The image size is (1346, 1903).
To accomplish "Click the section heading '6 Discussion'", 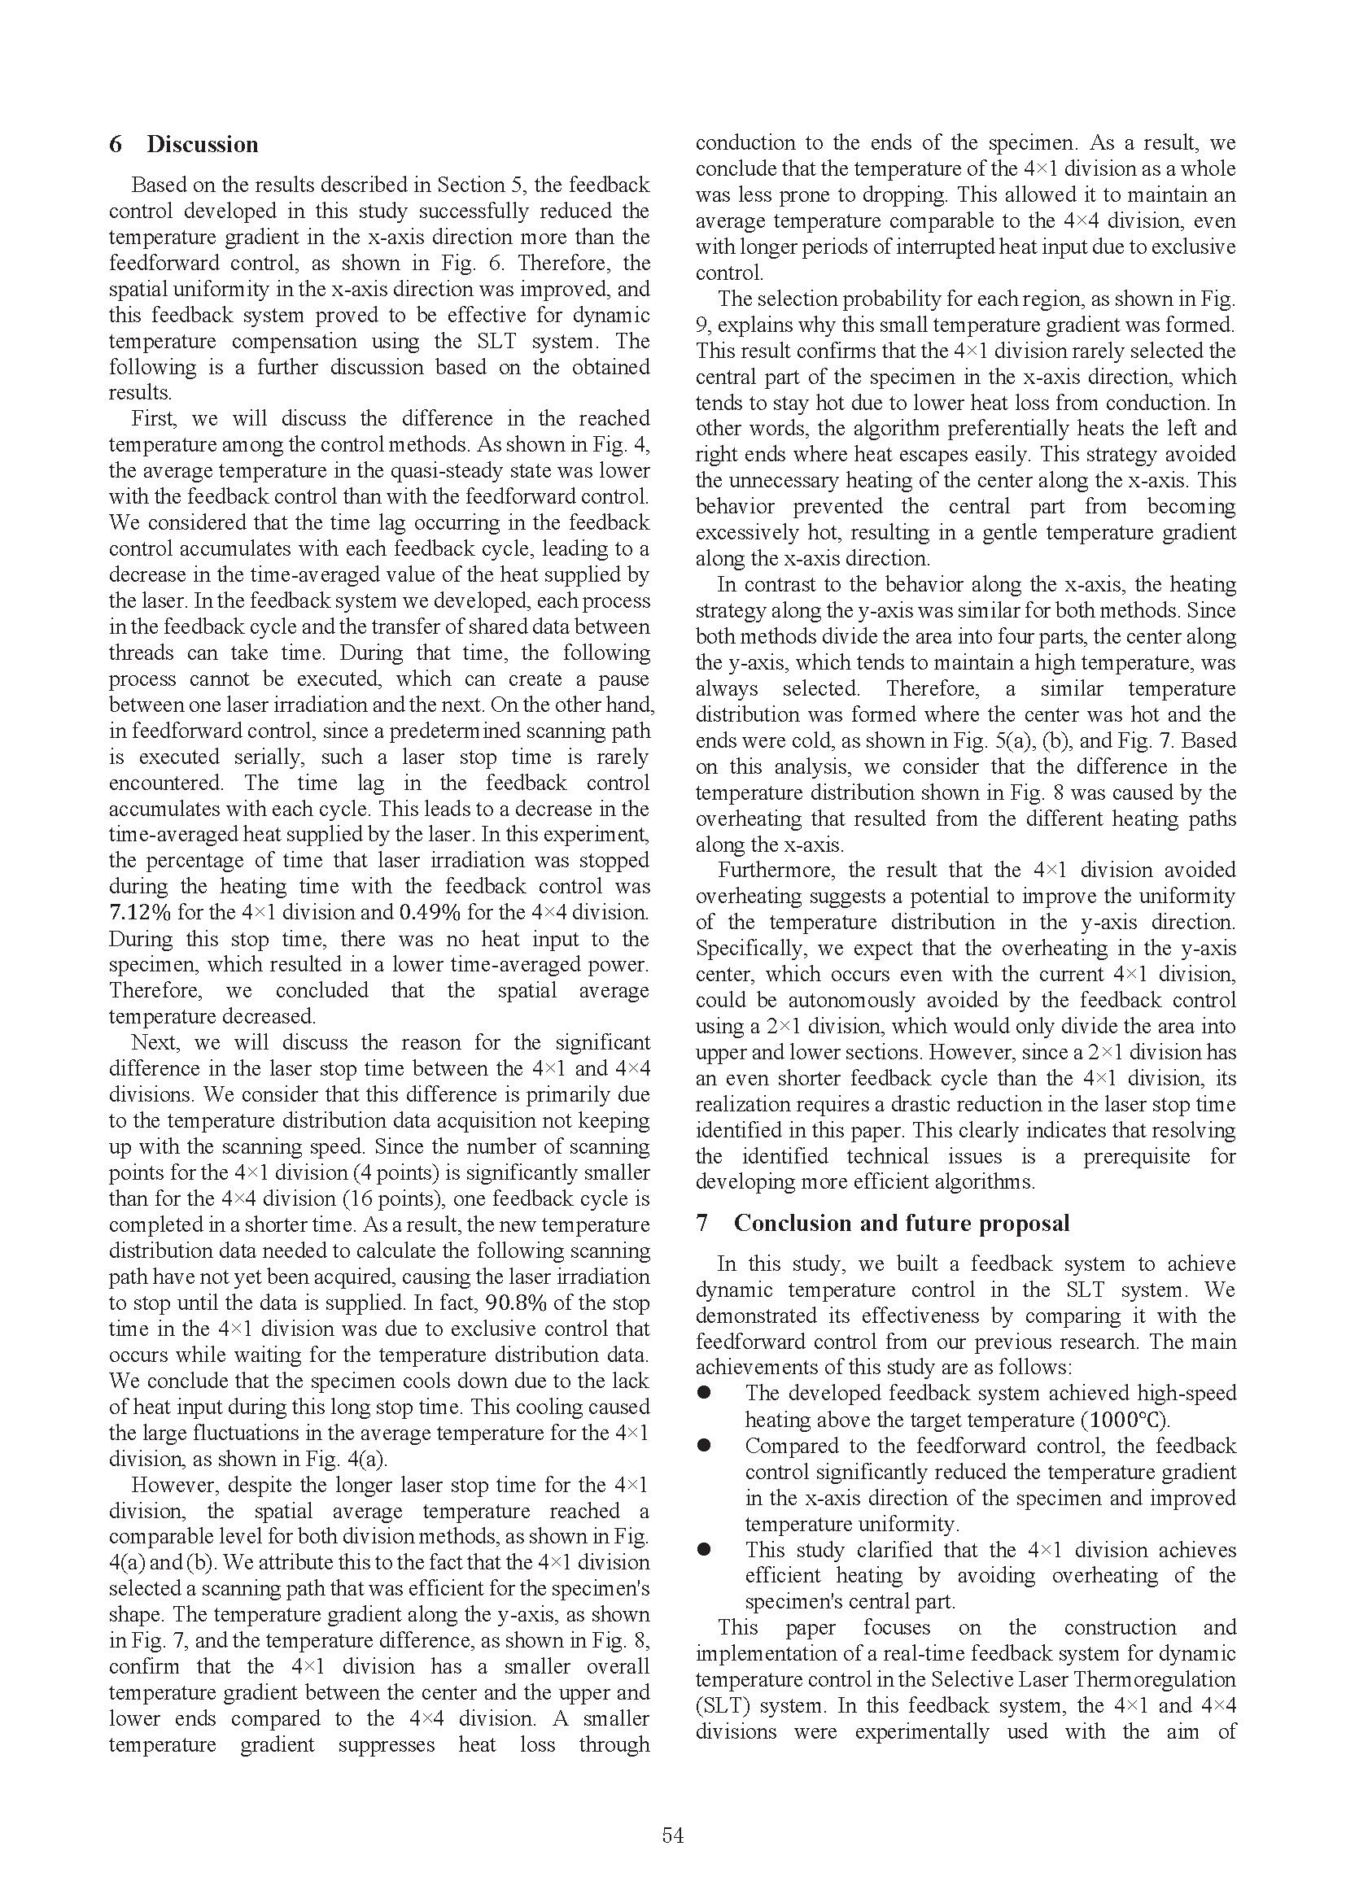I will [183, 144].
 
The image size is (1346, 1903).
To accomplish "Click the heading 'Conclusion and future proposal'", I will [901, 1224].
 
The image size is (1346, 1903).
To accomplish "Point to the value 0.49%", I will [430, 913].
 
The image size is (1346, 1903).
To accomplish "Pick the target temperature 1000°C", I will [1126, 1420].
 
